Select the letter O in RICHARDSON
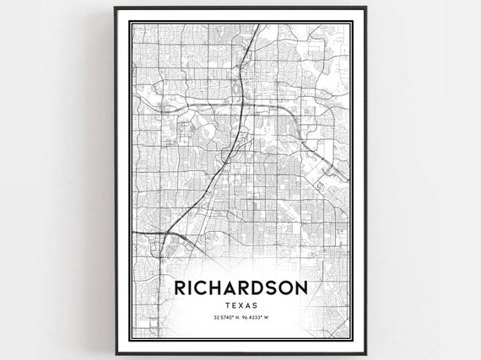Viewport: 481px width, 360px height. pyautogui.click(x=287, y=286)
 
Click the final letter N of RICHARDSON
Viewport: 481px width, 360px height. pyautogui.click(x=303, y=286)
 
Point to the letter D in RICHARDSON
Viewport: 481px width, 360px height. pyautogui.click(x=259, y=286)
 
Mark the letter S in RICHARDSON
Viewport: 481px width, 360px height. pyautogui.click(x=272, y=286)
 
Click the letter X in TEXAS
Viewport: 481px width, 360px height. pyautogui.click(x=242, y=304)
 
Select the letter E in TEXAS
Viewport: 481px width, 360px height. pyautogui.click(x=235, y=304)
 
